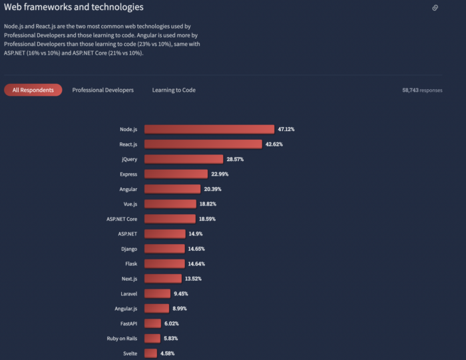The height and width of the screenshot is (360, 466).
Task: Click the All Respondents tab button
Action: point(33,90)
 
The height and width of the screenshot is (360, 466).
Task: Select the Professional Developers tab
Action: point(103,90)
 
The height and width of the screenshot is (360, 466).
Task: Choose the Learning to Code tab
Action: point(174,90)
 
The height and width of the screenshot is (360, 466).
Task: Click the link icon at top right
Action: point(435,8)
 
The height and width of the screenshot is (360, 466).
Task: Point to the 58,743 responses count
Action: point(422,90)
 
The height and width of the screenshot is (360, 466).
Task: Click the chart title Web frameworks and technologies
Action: point(74,8)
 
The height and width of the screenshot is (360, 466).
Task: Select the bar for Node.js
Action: point(209,129)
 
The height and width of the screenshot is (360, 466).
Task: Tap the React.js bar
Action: point(203,144)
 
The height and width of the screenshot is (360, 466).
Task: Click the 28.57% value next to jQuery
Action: point(236,159)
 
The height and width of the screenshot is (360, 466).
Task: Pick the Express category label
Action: point(128,174)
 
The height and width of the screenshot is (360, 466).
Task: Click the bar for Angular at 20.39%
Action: point(172,189)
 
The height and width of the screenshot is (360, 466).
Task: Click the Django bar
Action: point(164,248)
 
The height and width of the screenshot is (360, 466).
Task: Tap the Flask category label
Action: point(130,264)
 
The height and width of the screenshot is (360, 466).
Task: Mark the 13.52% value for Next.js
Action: point(194,278)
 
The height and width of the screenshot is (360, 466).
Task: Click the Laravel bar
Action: point(157,293)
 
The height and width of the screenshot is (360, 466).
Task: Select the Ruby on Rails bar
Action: point(152,338)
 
